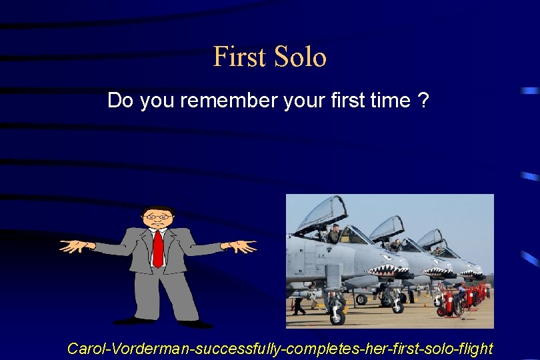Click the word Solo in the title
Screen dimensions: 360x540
tap(299, 57)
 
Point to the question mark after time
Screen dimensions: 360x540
tap(423, 101)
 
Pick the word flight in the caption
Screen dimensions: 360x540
tap(475, 348)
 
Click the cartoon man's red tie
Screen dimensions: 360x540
tap(158, 248)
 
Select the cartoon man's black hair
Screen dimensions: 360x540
tap(158, 209)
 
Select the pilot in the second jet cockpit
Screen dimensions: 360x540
tap(395, 245)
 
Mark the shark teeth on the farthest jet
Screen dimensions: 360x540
tap(471, 273)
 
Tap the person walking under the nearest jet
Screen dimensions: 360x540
tap(299, 304)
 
